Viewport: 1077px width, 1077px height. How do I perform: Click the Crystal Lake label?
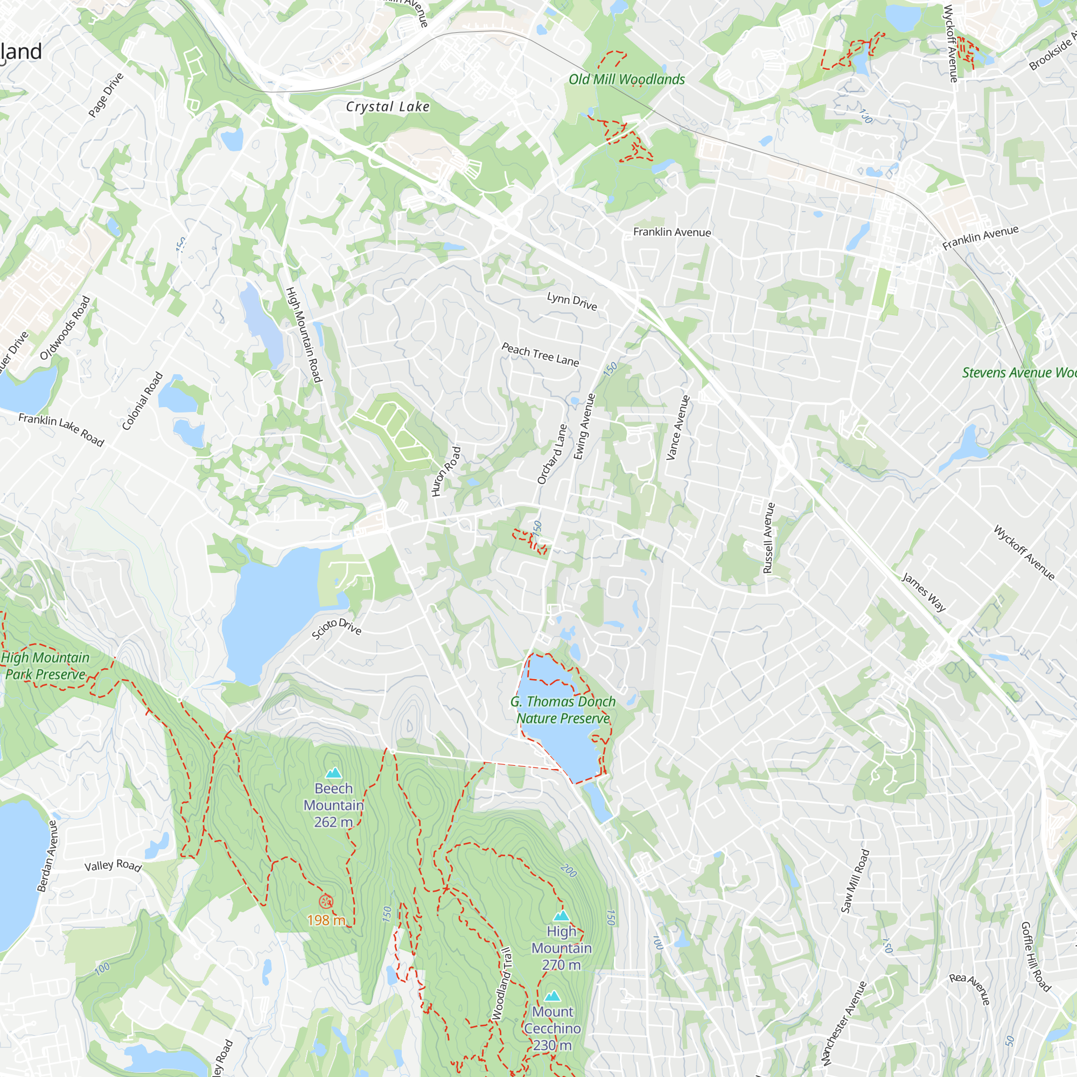coord(387,107)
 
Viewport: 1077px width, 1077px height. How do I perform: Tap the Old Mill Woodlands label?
coord(627,80)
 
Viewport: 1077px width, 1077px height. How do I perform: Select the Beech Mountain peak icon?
coord(333,772)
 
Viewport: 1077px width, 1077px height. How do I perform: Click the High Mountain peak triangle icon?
coord(561,915)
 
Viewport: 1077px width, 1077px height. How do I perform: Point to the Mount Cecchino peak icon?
coord(553,996)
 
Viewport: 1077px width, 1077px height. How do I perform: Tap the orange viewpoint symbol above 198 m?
coord(326,901)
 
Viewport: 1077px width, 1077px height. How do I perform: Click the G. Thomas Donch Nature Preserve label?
coord(563,710)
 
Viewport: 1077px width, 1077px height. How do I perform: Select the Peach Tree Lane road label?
coord(540,354)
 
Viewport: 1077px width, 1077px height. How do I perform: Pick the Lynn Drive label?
coord(572,301)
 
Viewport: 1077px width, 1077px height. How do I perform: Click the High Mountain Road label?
coord(304,334)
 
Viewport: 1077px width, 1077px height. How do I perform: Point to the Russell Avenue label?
coord(769,538)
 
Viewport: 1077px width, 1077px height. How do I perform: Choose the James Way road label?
coord(924,592)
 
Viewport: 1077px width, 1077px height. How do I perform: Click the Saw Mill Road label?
coord(855,881)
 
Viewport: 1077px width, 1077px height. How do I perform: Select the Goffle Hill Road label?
coord(1035,956)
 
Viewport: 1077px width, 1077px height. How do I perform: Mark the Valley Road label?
coord(113,865)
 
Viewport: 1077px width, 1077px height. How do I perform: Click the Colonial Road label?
coord(143,401)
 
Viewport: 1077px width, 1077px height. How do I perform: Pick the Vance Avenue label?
coord(679,428)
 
